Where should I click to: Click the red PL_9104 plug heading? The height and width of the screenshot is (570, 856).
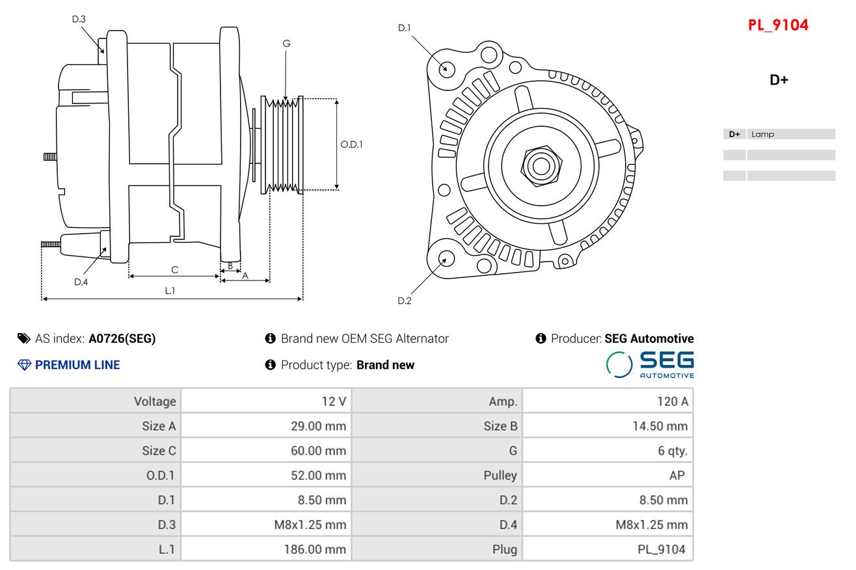pos(778,25)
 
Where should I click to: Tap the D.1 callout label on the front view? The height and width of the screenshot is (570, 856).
pos(405,27)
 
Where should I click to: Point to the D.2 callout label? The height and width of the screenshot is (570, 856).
pos(405,301)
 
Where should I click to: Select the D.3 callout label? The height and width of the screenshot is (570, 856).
pos(79,19)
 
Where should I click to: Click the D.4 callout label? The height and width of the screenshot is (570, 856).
pos(81,282)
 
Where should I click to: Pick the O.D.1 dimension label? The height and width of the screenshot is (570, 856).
pos(351,144)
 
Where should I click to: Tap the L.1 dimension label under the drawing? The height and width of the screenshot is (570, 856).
pos(170,291)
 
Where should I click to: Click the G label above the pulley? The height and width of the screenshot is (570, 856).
pos(286,44)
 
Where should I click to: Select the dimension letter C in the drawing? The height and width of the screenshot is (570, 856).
pos(174,269)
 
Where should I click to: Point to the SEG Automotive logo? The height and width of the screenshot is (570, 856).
pos(650,364)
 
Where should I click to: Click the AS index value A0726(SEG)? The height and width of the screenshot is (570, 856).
pos(122,338)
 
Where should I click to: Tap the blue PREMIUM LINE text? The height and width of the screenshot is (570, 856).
pos(77,365)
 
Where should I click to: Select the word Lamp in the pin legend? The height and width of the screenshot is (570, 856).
pos(762,135)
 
